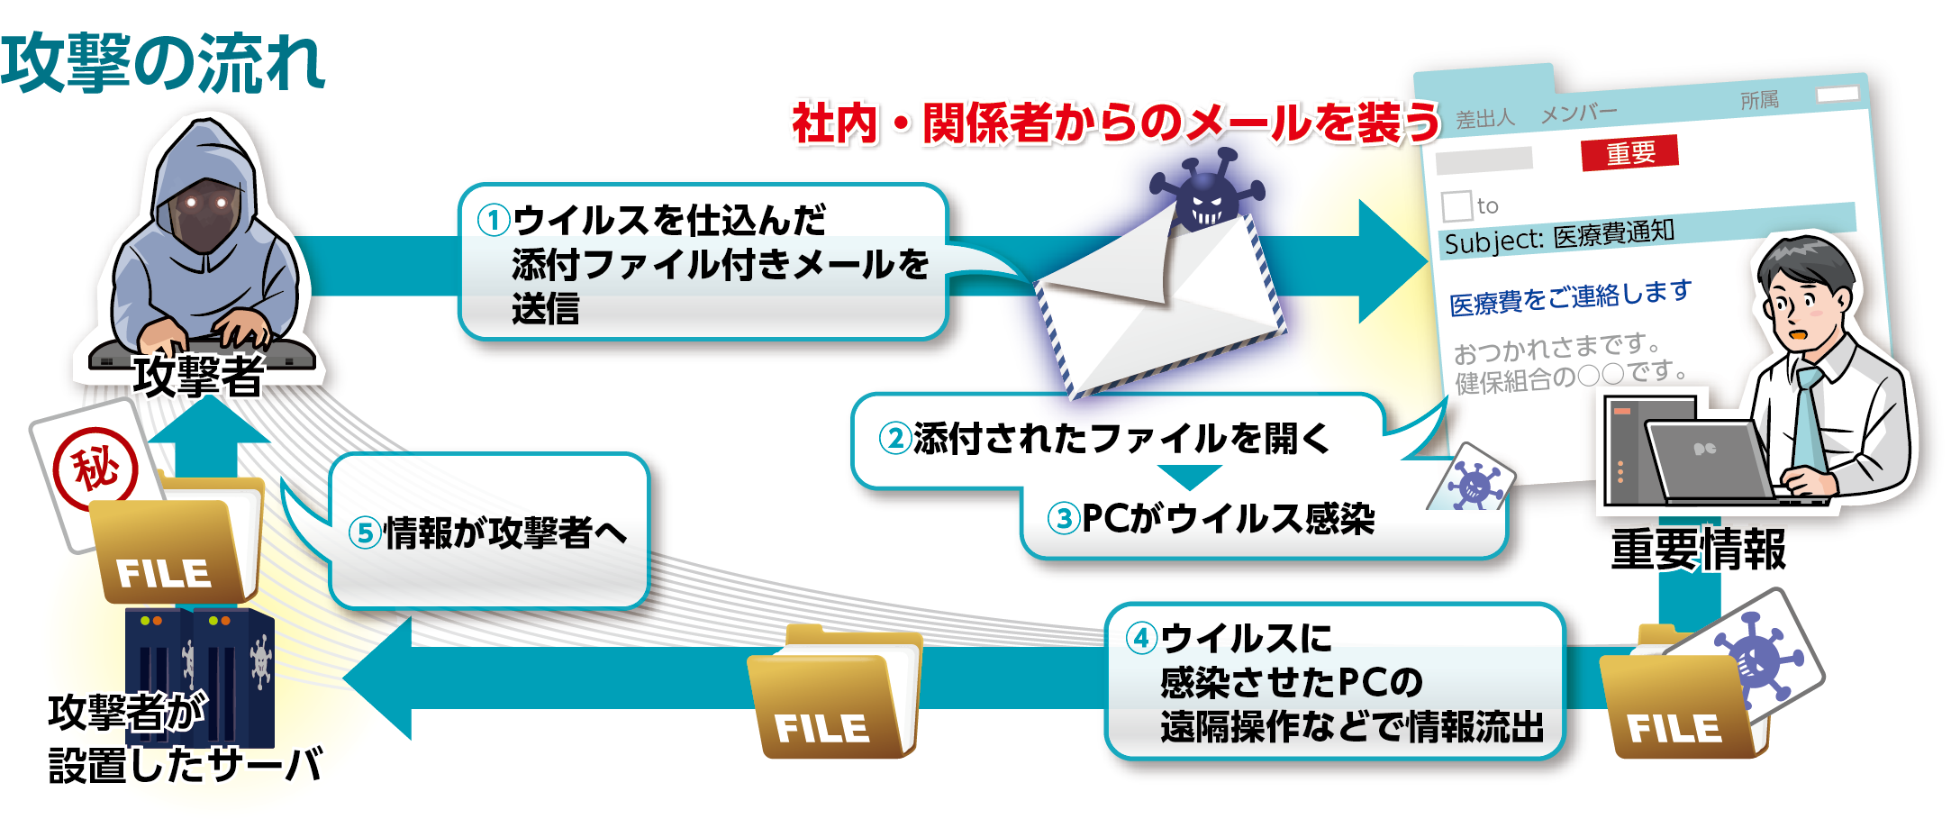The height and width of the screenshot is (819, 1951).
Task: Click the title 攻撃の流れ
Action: pyautogui.click(x=162, y=63)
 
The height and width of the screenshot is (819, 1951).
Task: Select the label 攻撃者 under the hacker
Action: pyautogui.click(x=198, y=377)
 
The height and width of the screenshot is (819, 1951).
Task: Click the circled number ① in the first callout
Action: pyautogui.click(x=493, y=220)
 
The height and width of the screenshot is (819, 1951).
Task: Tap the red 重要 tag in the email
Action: pyautogui.click(x=1629, y=152)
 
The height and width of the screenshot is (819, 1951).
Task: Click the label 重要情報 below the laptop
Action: pyautogui.click(x=1698, y=549)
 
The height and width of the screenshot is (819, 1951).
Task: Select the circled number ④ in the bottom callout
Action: pyautogui.click(x=1141, y=638)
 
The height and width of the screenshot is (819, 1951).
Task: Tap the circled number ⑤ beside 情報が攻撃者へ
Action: pyautogui.click(x=364, y=532)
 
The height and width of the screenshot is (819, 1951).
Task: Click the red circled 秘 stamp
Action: pyautogui.click(x=95, y=469)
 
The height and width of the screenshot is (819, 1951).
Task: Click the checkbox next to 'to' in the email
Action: pyautogui.click(x=1456, y=205)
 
